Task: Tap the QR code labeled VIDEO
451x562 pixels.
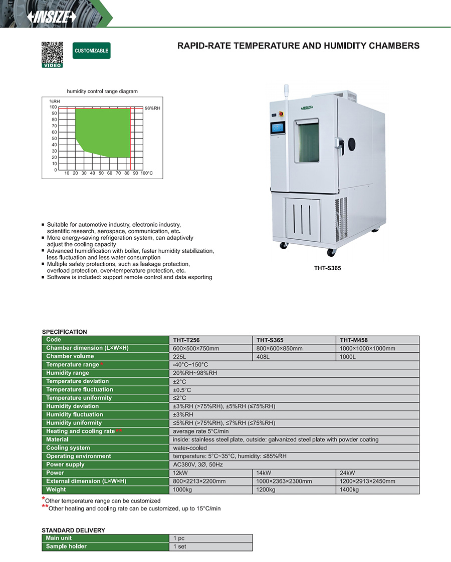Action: (52, 53)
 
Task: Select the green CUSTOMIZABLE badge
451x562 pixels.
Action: (91, 51)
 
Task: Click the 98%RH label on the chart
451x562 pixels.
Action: (152, 108)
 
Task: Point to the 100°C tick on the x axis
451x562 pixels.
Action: (146, 173)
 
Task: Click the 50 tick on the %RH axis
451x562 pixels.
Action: (54, 139)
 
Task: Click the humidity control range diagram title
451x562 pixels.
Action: (102, 92)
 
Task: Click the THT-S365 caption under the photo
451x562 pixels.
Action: (327, 268)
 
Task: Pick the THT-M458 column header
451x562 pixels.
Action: (354, 340)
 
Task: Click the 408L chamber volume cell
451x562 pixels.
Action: (263, 357)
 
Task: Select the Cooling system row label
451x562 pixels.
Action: (68, 448)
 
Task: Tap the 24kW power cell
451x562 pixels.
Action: (347, 473)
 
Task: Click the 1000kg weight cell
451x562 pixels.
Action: (182, 490)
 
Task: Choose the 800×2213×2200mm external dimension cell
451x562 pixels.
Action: (199, 481)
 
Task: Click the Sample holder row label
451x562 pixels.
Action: (66, 546)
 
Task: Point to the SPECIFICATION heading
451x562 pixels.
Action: (64, 332)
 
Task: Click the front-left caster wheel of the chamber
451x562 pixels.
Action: (284, 245)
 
